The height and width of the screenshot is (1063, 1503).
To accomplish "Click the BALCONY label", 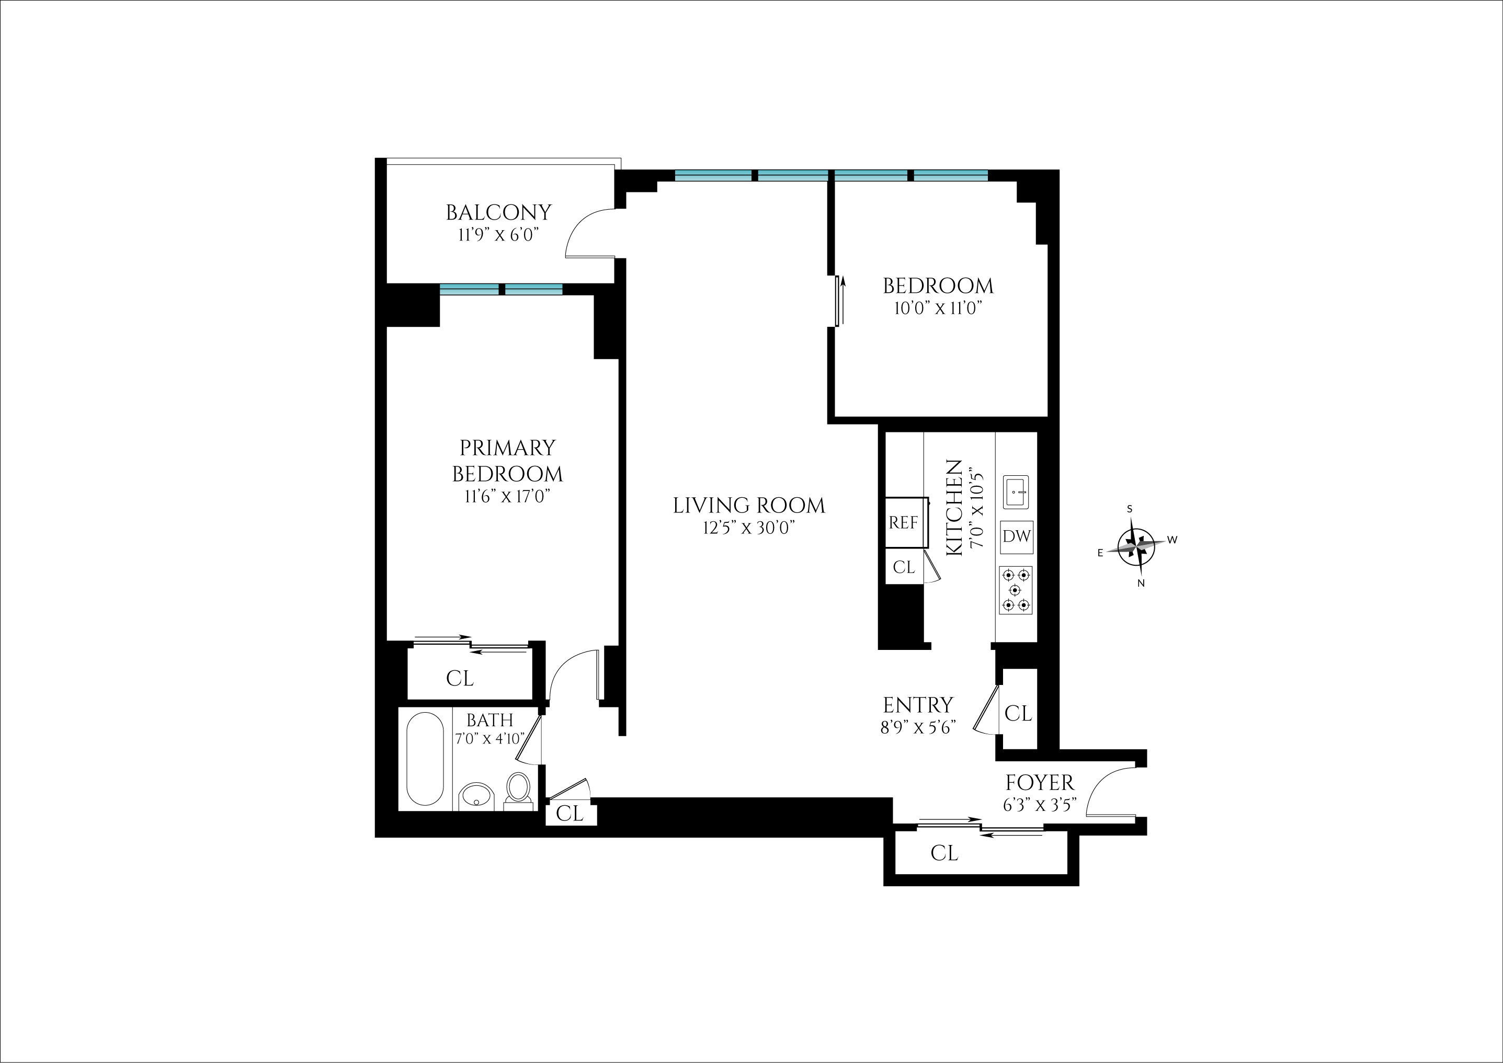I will coord(499,213).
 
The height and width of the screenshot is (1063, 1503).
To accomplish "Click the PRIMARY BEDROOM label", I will coord(507,460).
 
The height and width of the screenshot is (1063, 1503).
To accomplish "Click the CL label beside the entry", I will coord(1018,713).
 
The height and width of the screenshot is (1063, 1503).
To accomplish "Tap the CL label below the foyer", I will coord(944,852).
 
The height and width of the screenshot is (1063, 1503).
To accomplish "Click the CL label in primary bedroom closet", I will coord(460,678).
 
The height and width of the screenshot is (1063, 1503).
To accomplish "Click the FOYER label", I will coord(1040,782).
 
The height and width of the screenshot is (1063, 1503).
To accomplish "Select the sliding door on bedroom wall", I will coord(838,301).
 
